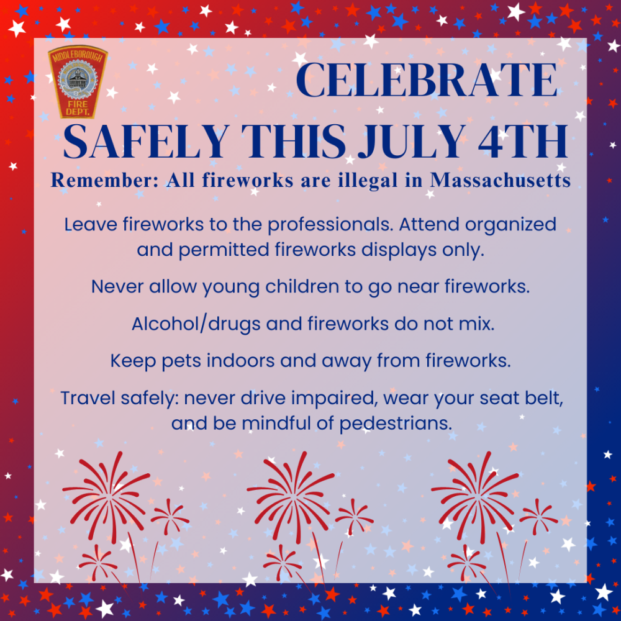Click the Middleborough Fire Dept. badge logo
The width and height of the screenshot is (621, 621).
(x=78, y=81)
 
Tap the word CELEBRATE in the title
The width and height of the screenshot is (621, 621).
(x=427, y=80)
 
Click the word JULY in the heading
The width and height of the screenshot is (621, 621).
(x=412, y=142)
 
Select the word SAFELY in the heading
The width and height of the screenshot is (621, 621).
(x=146, y=142)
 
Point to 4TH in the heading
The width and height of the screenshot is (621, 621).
(x=523, y=142)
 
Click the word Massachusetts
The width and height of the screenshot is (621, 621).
(x=501, y=180)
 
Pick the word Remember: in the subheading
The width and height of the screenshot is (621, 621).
(x=104, y=180)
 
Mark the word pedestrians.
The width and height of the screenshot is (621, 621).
(x=396, y=424)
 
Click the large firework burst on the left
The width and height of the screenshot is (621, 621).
(x=106, y=497)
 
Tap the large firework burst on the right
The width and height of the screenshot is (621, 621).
(x=475, y=497)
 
